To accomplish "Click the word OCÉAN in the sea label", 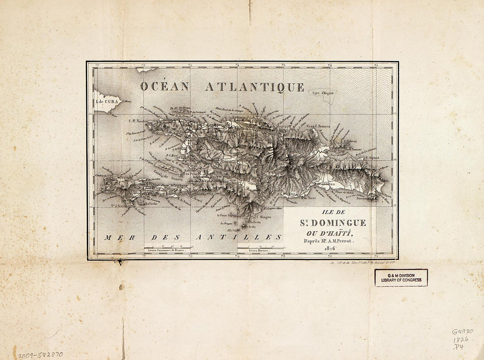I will click(x=164, y=86).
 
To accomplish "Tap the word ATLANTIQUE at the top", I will click(x=255, y=87).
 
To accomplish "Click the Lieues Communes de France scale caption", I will click(x=166, y=250).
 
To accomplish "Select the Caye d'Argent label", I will click(x=323, y=93).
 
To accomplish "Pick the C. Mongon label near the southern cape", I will click(x=263, y=217).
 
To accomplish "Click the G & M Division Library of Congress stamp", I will click(x=401, y=278).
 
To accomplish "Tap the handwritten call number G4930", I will click(x=462, y=331).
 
